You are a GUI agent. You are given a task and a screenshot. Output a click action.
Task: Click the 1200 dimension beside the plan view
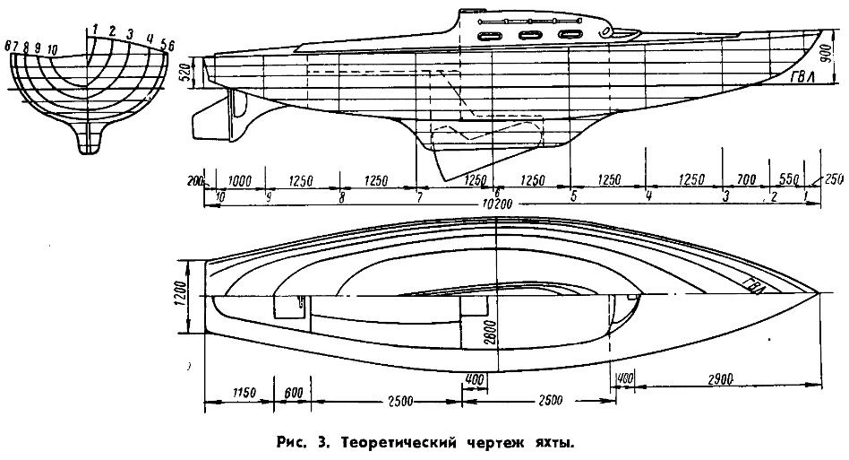click(x=179, y=293)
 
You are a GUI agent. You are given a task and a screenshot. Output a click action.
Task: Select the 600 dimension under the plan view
click(x=293, y=393)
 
